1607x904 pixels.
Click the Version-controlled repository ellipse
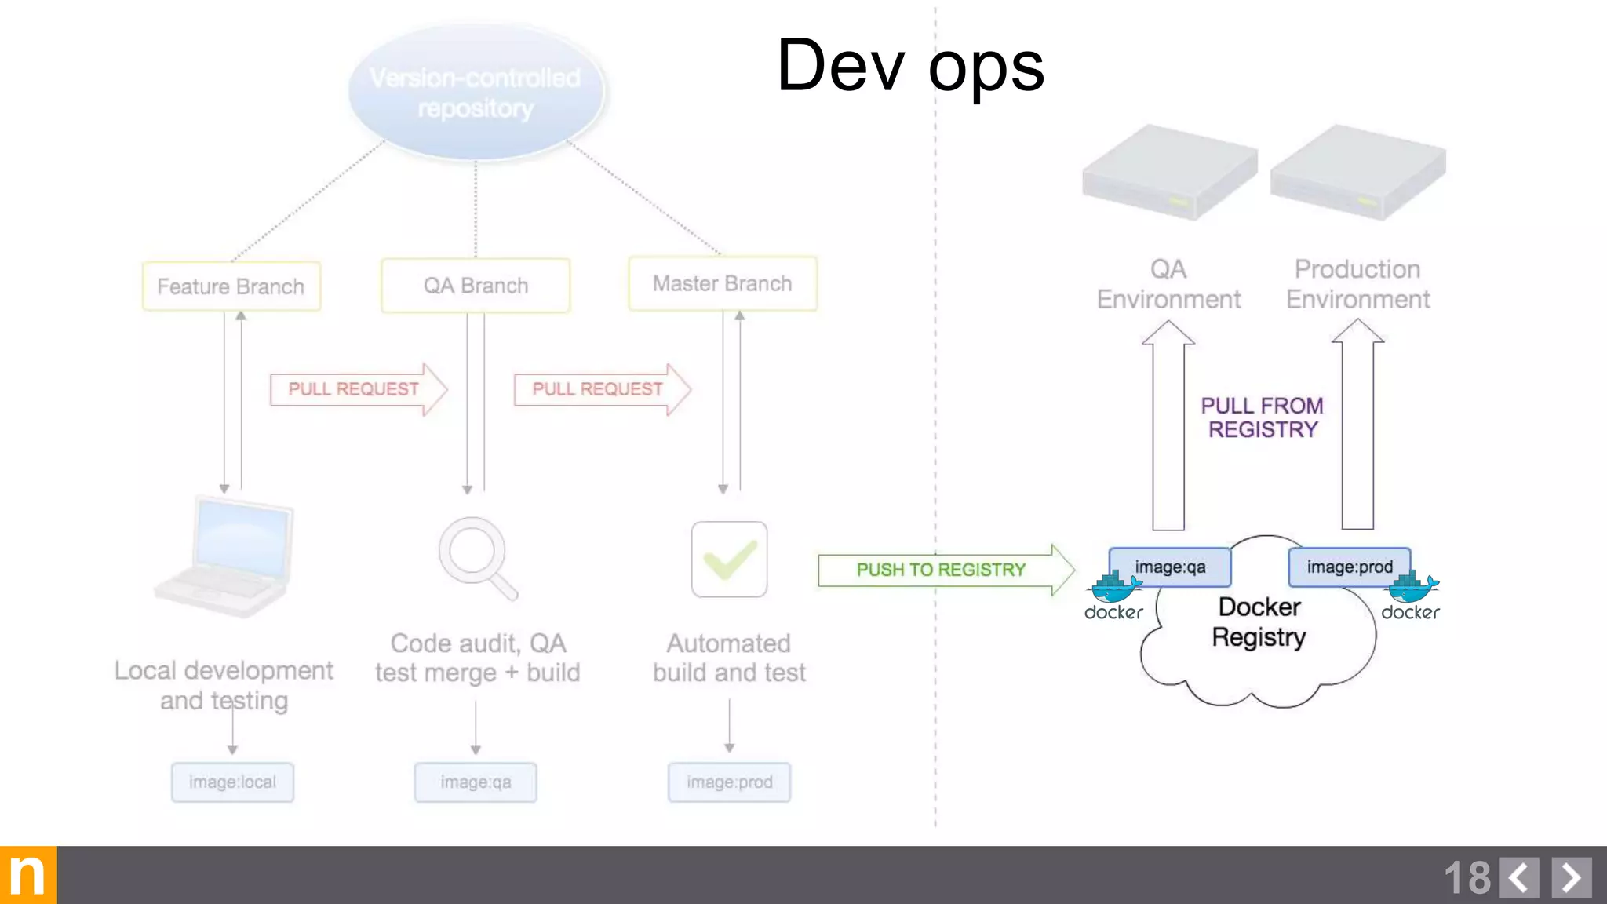click(x=476, y=93)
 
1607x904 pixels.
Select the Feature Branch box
click(x=231, y=286)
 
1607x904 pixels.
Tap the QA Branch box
click(x=476, y=286)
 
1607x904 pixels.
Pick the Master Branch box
click(x=722, y=283)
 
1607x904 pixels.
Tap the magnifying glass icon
click(x=476, y=557)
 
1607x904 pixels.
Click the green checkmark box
click(x=729, y=560)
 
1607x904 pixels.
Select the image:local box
click(x=232, y=782)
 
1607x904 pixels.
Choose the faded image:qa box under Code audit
click(x=476, y=782)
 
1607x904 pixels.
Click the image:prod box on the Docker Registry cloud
click(x=1349, y=567)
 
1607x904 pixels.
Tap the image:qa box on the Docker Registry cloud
click(x=1169, y=567)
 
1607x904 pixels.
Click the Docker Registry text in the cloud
click(x=1259, y=621)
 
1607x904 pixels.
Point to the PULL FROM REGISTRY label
click(x=1262, y=417)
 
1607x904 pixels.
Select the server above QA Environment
click(x=1168, y=173)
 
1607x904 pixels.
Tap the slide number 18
click(x=1467, y=877)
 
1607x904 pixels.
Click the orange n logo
click(x=28, y=875)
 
